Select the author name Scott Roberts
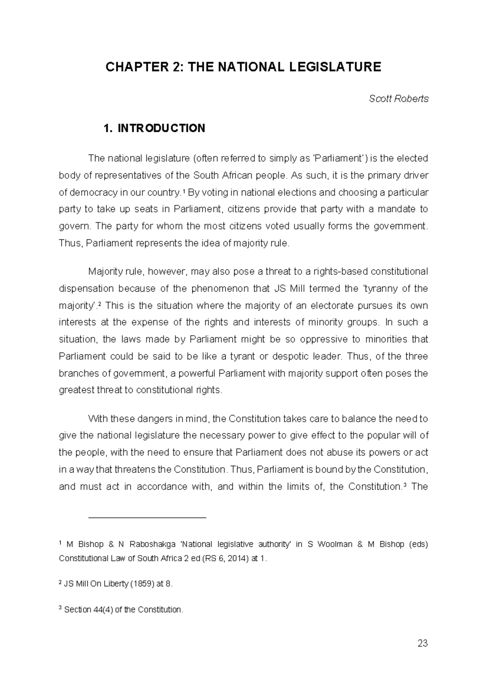(399, 99)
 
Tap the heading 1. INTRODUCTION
(154, 129)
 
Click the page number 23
(422, 644)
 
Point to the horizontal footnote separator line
(147, 518)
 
